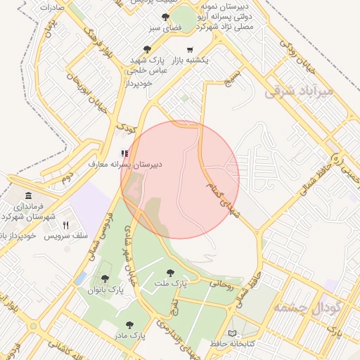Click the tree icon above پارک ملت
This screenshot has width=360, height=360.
169,272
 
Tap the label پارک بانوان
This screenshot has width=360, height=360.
105,289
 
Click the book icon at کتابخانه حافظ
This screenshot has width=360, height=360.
233,333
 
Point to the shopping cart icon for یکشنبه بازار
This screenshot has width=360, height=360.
190,51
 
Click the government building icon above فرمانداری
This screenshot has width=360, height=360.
28,195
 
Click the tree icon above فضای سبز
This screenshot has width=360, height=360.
166,16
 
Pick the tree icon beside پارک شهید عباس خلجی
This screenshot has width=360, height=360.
147,49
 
